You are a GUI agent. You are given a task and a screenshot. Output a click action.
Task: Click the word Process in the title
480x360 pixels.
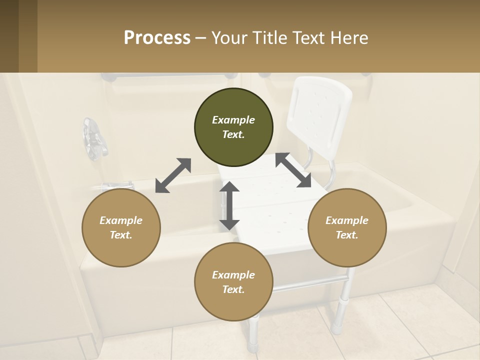(x=157, y=38)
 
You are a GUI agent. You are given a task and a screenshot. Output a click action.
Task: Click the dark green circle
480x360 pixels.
(x=233, y=127)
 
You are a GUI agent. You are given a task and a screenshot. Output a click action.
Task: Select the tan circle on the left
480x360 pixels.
(x=121, y=227)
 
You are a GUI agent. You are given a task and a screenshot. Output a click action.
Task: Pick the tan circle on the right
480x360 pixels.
(x=347, y=227)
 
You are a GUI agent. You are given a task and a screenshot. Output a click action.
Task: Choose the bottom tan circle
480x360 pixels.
(x=233, y=282)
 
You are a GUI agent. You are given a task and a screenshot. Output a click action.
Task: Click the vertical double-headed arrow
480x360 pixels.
(x=229, y=205)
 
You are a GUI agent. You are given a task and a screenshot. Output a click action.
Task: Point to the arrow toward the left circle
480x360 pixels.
(x=173, y=175)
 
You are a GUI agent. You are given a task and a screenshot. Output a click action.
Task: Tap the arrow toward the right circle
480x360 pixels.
(x=294, y=170)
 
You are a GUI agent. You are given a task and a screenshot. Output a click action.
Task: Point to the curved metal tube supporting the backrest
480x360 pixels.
(x=330, y=172)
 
